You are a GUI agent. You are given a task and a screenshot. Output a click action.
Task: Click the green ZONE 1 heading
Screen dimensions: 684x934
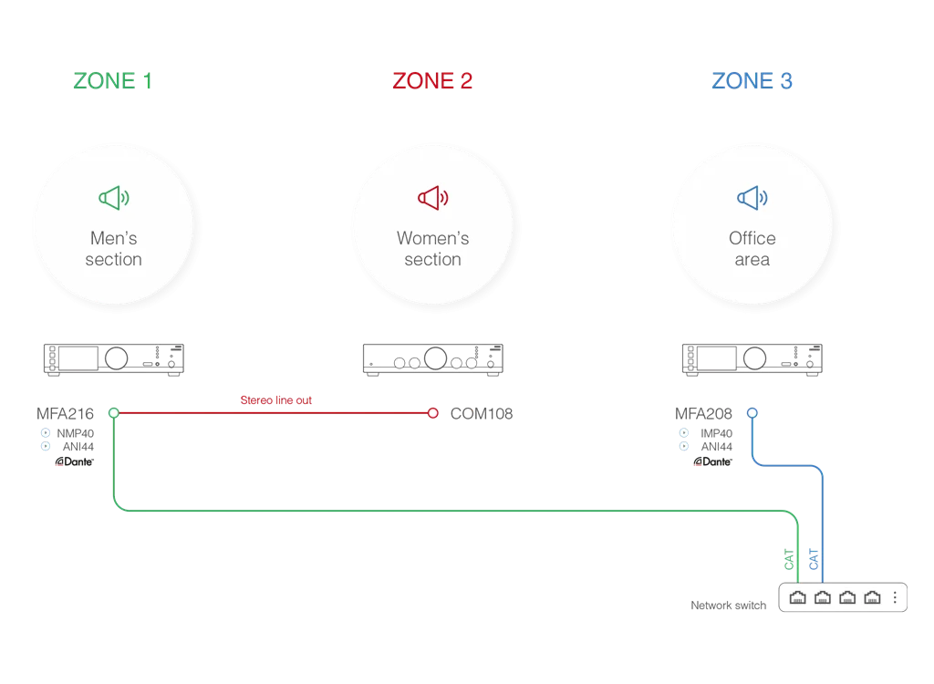(113, 81)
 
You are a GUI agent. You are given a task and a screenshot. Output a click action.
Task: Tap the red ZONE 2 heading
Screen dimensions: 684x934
(432, 81)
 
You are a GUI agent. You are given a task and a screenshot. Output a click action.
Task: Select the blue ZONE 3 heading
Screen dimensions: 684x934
(752, 81)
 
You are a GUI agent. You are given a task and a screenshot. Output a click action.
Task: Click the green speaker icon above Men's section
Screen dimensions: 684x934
(114, 197)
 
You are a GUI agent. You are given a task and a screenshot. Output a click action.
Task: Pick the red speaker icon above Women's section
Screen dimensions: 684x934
(432, 197)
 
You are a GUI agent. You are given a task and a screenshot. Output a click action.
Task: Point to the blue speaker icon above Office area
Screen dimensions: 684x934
(752, 197)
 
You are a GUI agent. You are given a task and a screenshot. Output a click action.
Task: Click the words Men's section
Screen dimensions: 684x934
(114, 249)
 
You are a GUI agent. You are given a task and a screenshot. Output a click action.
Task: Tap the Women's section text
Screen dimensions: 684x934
(432, 249)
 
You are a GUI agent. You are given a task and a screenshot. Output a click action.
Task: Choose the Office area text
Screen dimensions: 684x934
(752, 249)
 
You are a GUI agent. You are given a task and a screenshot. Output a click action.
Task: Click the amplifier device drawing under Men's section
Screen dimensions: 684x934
(113, 359)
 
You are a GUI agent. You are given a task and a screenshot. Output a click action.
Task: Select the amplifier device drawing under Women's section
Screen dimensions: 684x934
(431, 359)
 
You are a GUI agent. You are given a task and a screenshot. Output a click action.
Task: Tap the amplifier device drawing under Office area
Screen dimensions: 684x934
(752, 359)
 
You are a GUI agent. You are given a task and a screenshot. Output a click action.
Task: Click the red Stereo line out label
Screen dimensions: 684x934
(276, 400)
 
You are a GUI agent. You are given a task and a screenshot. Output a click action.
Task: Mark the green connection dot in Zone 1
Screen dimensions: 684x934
(113, 413)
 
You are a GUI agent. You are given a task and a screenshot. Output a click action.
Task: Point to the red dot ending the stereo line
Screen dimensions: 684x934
(432, 413)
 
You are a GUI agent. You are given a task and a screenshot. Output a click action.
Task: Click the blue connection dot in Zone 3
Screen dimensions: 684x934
(752, 412)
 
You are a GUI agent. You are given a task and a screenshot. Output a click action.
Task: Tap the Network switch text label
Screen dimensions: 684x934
(726, 606)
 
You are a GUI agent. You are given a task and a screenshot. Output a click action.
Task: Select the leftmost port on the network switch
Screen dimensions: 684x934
(797, 597)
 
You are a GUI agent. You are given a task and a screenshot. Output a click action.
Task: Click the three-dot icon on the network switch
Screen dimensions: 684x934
(896, 597)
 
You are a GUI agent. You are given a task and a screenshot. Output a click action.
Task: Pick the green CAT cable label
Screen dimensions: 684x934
(790, 559)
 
